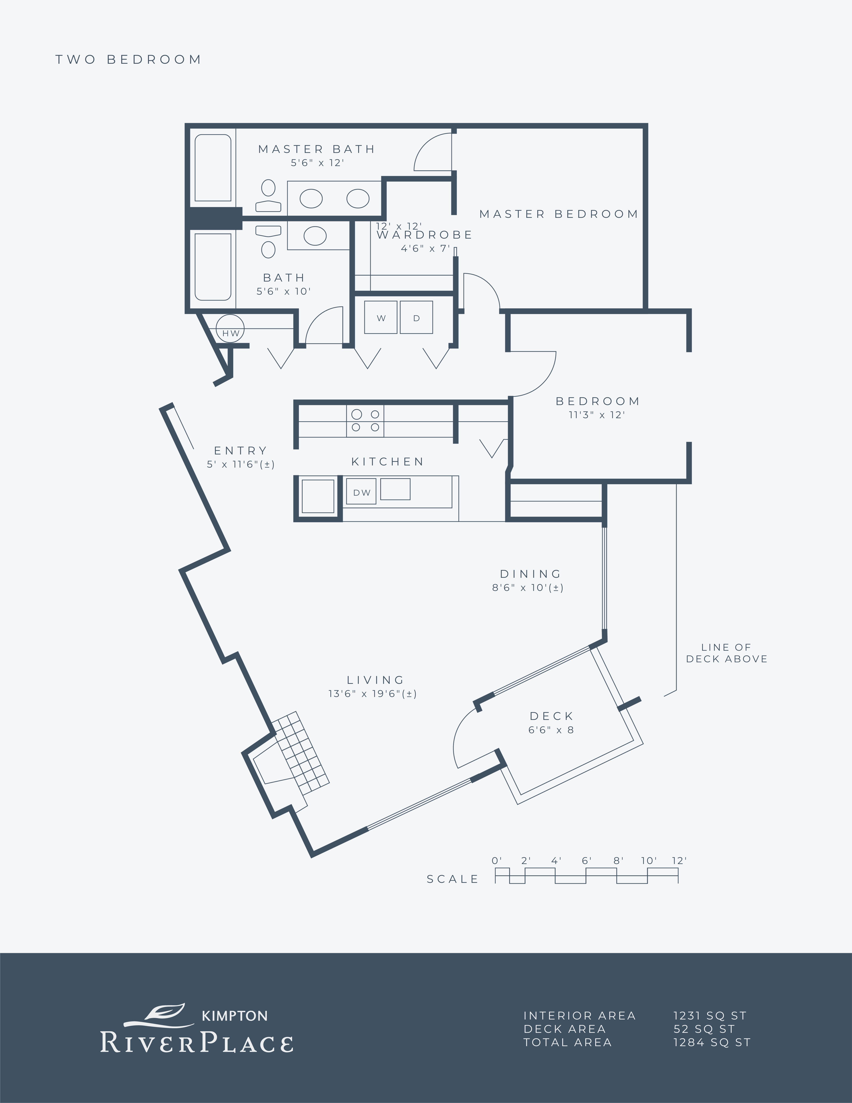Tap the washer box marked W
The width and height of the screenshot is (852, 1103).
[381, 317]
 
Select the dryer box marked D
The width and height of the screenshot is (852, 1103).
[416, 317]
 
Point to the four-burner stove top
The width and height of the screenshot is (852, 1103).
[365, 421]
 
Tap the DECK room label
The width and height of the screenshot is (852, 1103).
[552, 716]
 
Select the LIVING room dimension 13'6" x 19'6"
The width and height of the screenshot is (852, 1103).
[373, 693]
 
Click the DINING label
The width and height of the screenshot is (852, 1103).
[530, 574]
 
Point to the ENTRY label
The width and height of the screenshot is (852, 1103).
[240, 451]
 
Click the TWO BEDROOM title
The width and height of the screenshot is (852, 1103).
[128, 60]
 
